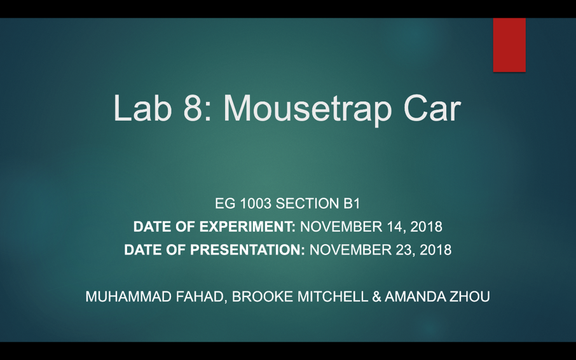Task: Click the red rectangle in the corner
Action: click(509, 45)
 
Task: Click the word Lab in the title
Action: click(142, 108)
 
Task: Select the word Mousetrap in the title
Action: click(307, 110)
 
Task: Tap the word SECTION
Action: click(308, 203)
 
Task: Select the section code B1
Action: click(352, 203)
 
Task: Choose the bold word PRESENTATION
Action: click(247, 250)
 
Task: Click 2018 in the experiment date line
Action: click(426, 226)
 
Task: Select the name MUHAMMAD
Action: click(128, 296)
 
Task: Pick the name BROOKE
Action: click(263, 296)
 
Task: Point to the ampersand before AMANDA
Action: click(376, 296)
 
